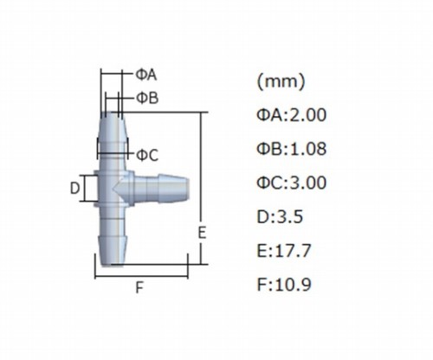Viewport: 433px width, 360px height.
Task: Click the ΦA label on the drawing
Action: coord(146,75)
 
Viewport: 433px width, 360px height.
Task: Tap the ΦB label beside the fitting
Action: coord(147,98)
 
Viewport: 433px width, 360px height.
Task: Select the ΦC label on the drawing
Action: coord(147,156)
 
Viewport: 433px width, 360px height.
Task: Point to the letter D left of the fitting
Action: coord(74,189)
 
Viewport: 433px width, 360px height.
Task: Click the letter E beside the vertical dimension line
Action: coord(202,233)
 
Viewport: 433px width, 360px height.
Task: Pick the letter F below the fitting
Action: coord(139,287)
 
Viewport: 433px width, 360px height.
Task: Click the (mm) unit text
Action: coord(281,81)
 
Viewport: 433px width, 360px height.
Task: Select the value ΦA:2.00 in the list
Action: coord(292,115)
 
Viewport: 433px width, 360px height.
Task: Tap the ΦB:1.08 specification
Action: coord(292,149)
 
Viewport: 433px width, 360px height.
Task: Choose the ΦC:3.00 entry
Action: coord(292,183)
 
